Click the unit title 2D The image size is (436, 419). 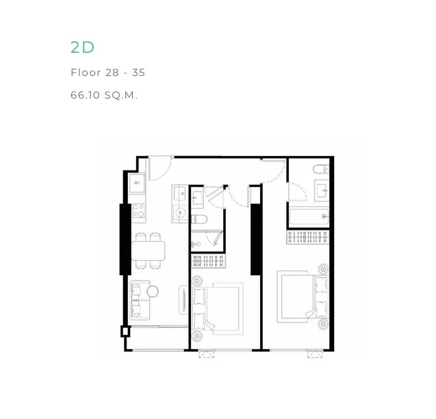click(x=82, y=47)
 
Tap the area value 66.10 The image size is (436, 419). click(x=85, y=95)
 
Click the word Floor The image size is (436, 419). click(x=86, y=73)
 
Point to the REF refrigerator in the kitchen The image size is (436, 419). click(x=137, y=183)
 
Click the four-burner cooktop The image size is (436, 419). click(x=138, y=210)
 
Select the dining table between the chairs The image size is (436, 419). click(x=148, y=251)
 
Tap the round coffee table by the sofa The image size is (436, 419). click(x=153, y=291)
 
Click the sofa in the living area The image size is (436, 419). click(x=139, y=300)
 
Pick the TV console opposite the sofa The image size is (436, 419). click(x=183, y=300)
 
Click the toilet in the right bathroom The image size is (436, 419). click(x=321, y=169)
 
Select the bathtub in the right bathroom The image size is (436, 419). click(x=309, y=217)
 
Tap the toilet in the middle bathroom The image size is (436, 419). click(x=199, y=219)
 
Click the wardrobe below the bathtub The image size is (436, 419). click(x=307, y=237)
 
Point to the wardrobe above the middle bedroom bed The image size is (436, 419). click(x=209, y=262)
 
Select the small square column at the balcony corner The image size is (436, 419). click(x=125, y=331)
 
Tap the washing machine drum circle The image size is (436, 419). click(x=180, y=213)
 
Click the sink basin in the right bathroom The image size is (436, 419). click(x=322, y=190)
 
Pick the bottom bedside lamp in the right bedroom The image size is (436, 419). click(x=323, y=324)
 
